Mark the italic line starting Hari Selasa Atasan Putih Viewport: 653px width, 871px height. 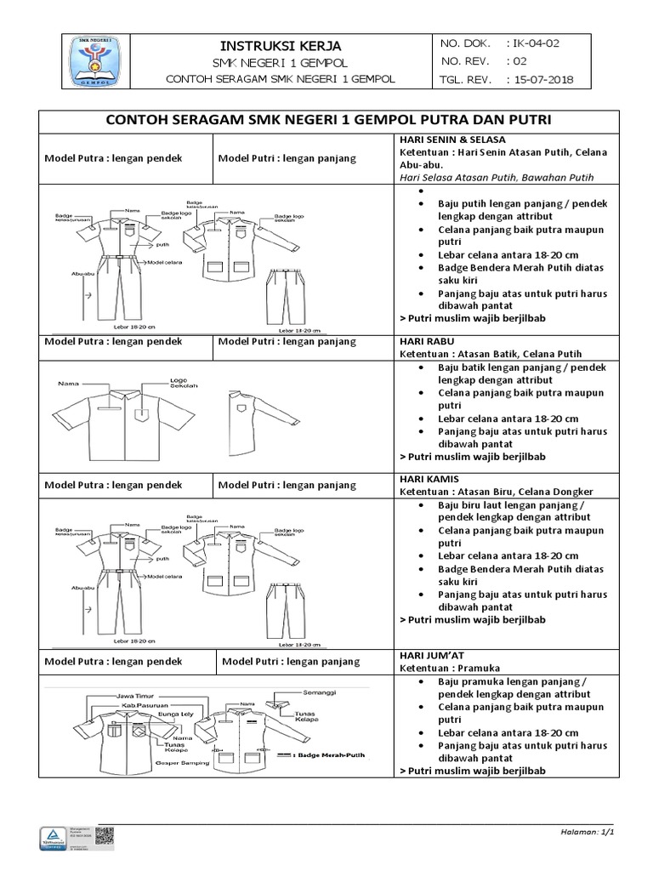[x=495, y=177]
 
